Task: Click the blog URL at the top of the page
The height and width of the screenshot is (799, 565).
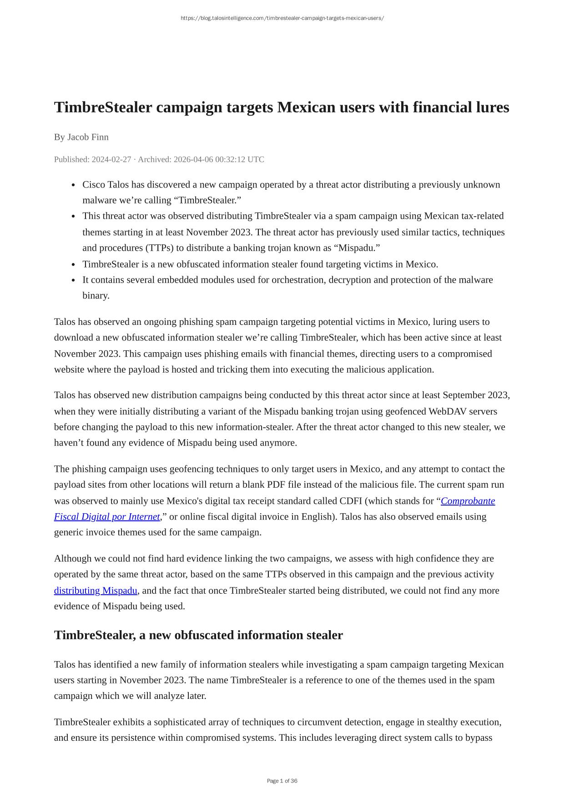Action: [282, 18]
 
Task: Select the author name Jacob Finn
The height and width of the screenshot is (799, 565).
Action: [88, 137]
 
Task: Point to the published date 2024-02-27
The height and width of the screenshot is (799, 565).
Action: [111, 159]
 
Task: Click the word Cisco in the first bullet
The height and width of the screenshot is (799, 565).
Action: [94, 185]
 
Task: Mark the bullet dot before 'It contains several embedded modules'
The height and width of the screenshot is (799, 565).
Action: [74, 280]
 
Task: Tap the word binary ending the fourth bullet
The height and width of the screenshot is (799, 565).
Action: [95, 296]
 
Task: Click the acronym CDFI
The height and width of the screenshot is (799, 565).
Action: [351, 501]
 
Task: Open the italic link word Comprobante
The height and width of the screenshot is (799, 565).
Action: [468, 501]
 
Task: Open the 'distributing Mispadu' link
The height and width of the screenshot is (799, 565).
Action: [96, 591]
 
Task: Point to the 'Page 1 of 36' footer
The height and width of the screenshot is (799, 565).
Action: [282, 781]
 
